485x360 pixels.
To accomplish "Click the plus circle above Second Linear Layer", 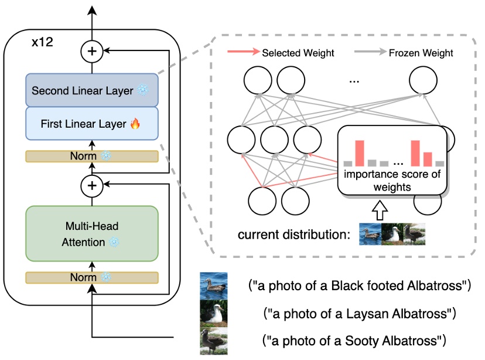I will [x=91, y=52].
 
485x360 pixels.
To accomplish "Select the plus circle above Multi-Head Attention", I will [x=91, y=186].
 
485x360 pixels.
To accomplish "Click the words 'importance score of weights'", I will [x=391, y=179].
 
